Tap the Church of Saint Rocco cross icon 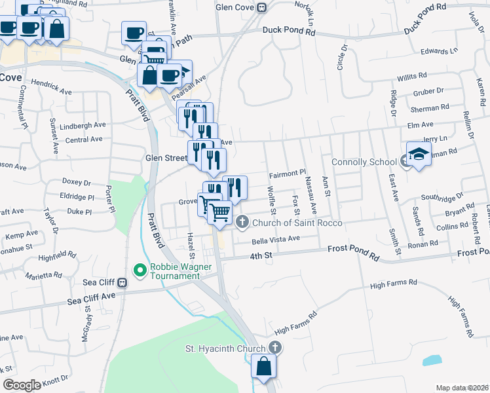(242, 222)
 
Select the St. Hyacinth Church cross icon (276, 348)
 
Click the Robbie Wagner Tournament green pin (140, 269)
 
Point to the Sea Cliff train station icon (122, 283)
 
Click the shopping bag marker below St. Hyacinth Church (263, 369)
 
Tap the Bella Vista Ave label (276, 239)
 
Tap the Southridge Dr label (442, 196)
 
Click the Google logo (22, 384)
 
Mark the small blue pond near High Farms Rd (432, 360)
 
